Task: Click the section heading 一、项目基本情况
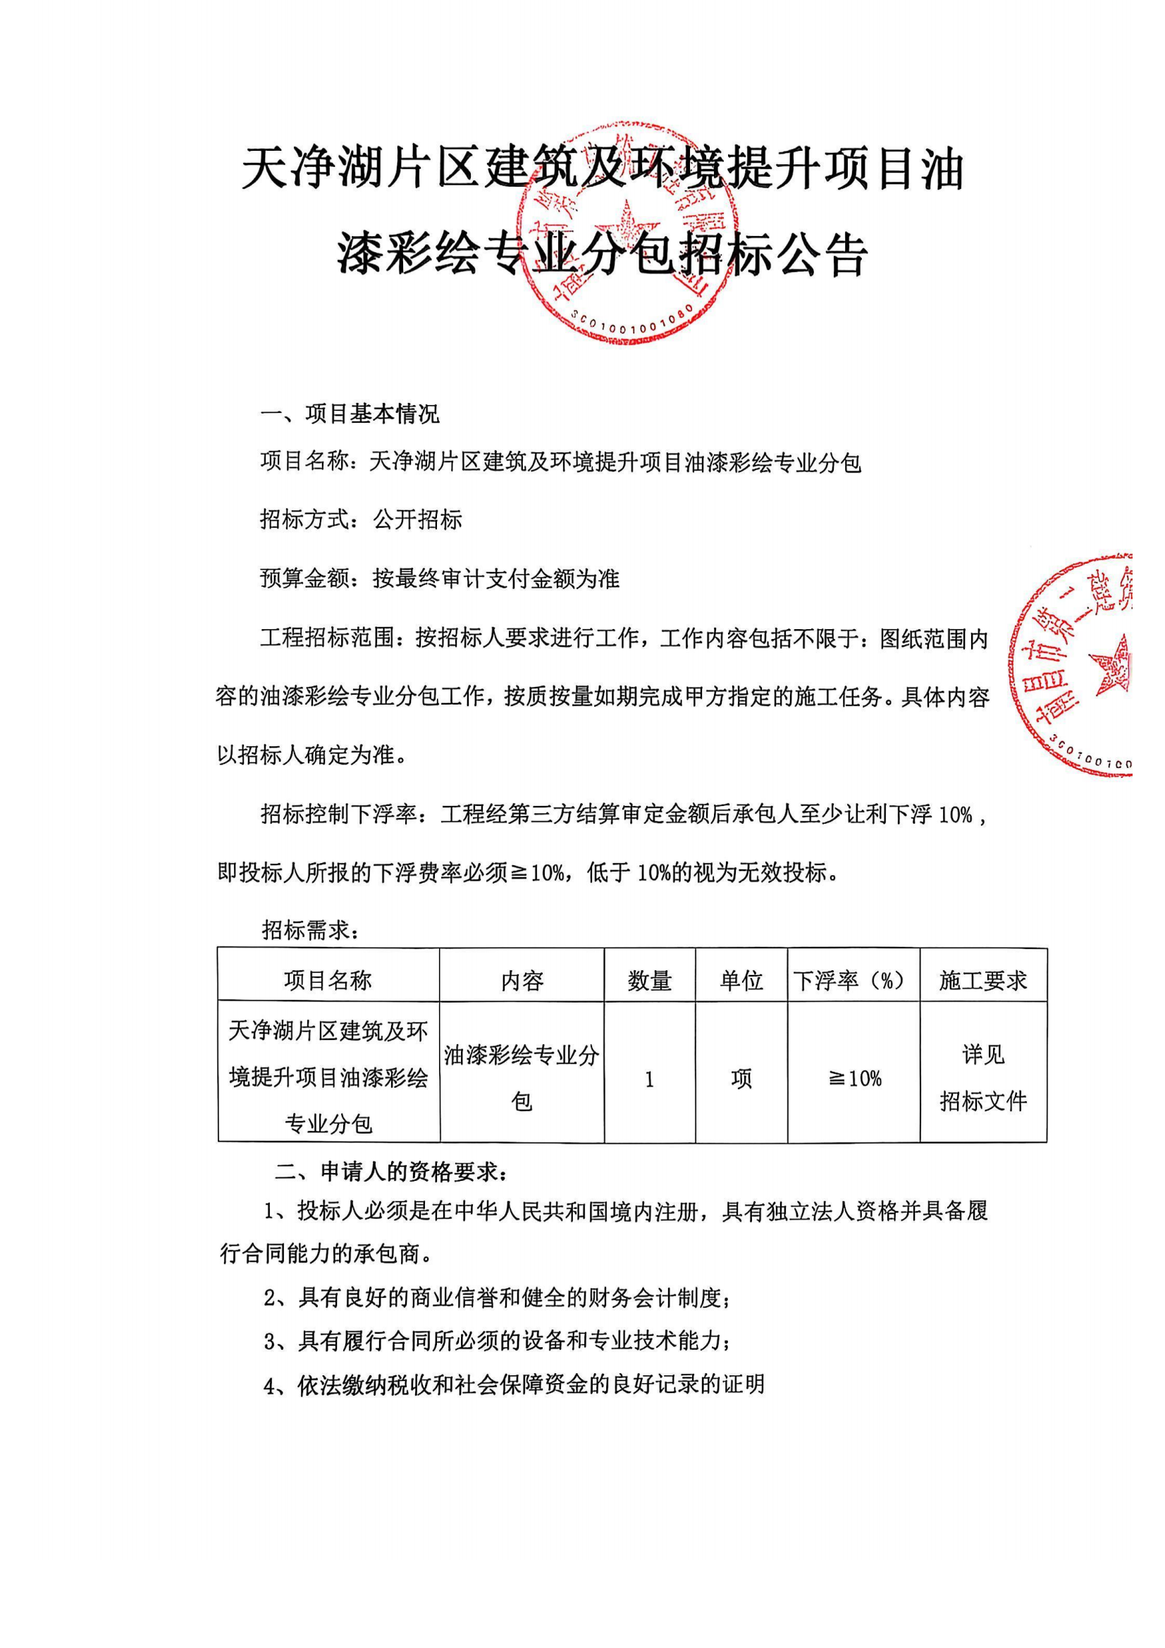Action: point(350,414)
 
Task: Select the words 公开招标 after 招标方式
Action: point(417,519)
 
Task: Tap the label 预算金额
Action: point(304,578)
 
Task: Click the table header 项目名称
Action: point(328,980)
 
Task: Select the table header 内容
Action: point(522,980)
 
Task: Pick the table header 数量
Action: point(650,980)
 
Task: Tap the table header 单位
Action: point(741,980)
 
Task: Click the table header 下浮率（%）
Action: point(853,980)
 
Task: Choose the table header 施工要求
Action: point(982,980)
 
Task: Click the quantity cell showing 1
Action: point(650,1078)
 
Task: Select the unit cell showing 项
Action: point(741,1078)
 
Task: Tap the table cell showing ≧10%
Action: point(854,1078)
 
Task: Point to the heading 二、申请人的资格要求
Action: point(393,1172)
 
